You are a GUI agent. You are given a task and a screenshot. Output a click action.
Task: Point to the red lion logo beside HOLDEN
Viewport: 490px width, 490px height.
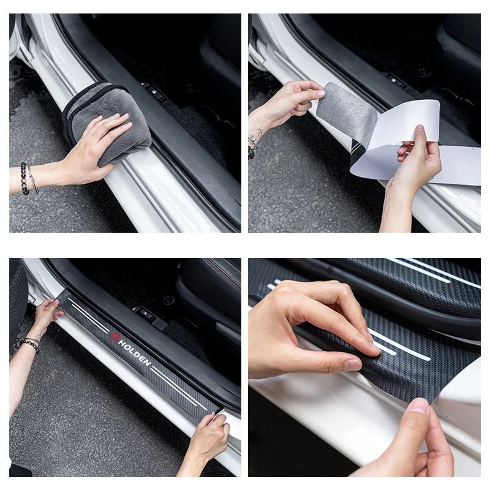point(115,337)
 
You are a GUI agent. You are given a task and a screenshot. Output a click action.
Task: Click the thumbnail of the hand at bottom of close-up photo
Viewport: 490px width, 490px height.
point(419,405)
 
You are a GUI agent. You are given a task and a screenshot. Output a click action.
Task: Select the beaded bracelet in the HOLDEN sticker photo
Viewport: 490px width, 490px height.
point(29,344)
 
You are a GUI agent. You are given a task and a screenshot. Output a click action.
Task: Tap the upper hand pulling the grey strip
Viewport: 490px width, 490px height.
point(291,101)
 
